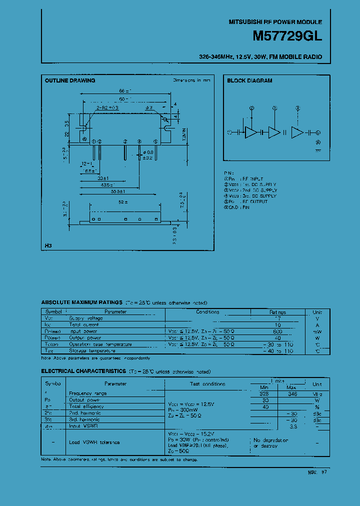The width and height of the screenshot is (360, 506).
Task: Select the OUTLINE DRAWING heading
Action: (x=70, y=80)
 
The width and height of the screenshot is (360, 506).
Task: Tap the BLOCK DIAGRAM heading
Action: (x=249, y=80)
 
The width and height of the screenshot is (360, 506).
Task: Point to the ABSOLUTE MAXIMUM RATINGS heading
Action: (x=81, y=302)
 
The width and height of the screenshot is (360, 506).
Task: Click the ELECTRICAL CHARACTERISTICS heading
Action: (x=83, y=371)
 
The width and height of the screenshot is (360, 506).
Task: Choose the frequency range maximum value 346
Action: (x=292, y=393)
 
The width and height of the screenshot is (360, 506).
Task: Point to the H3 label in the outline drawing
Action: (x=48, y=245)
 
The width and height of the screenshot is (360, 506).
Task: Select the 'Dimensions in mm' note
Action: (x=191, y=80)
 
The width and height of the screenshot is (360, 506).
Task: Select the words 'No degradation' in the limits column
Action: (x=270, y=439)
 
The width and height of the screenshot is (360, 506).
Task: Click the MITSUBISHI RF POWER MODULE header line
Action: (x=275, y=22)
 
